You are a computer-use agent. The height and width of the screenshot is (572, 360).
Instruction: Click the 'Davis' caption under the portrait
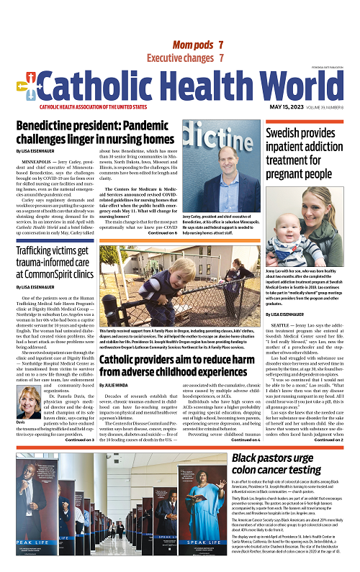pos(22,422)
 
